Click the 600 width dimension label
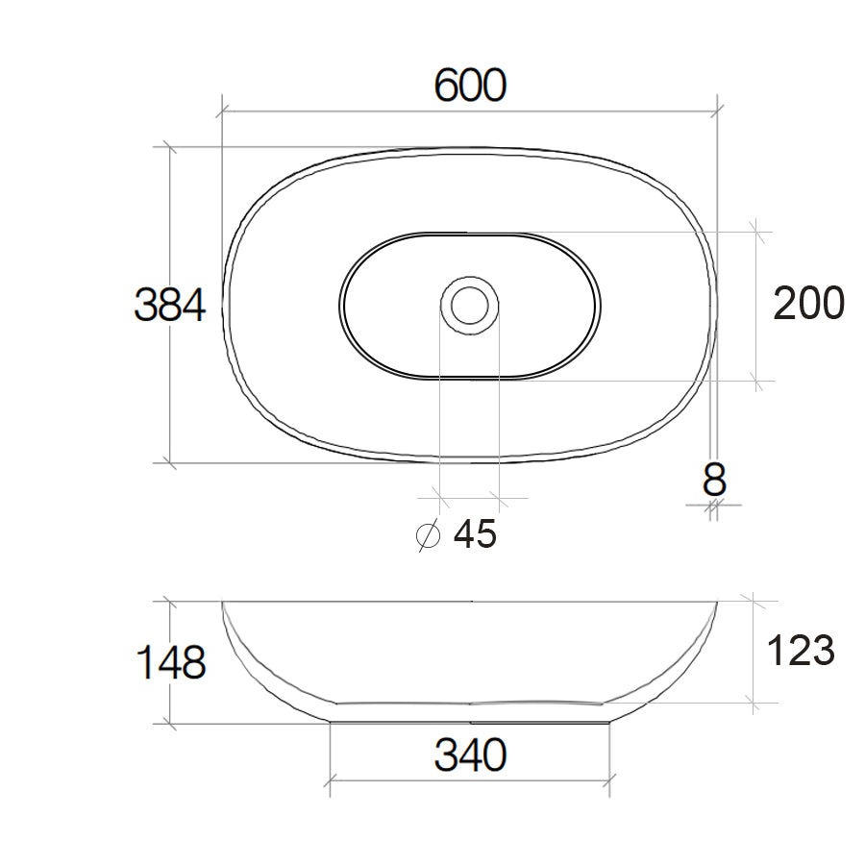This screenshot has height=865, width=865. (470, 86)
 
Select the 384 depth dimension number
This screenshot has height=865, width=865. (169, 306)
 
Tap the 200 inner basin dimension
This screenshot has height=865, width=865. (809, 304)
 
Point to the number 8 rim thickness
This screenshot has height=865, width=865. (714, 478)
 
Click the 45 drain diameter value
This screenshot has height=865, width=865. (475, 534)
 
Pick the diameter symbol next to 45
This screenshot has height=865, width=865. (428, 535)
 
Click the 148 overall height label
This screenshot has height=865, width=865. (169, 662)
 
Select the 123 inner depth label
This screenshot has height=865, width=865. (801, 652)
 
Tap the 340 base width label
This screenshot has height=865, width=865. (470, 756)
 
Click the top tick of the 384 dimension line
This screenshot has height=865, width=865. (170, 148)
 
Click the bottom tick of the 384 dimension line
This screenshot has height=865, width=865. (170, 462)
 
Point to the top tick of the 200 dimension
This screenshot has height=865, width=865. (756, 232)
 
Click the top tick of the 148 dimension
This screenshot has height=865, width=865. (170, 602)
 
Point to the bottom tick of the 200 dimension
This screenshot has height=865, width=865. (756, 380)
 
